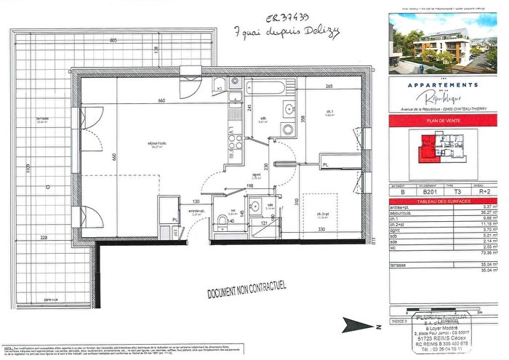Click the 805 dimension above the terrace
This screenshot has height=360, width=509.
(x=113, y=41)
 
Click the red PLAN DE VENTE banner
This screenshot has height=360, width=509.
(x=445, y=121)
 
